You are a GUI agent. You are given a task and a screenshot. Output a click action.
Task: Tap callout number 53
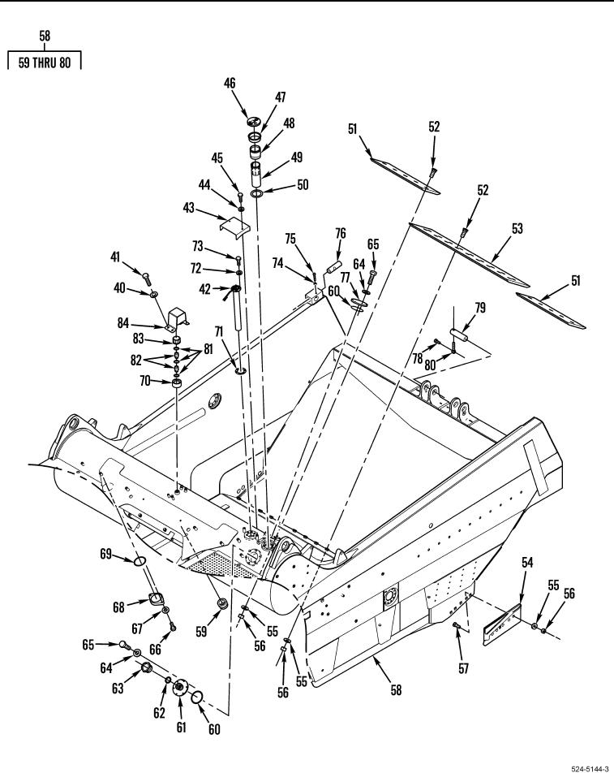(517, 229)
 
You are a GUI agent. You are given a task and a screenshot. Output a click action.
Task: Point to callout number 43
(189, 209)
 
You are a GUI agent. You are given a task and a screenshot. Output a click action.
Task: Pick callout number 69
(105, 554)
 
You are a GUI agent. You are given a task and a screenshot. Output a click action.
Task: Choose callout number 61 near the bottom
(181, 728)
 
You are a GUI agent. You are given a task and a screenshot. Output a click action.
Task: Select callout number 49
(274, 158)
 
